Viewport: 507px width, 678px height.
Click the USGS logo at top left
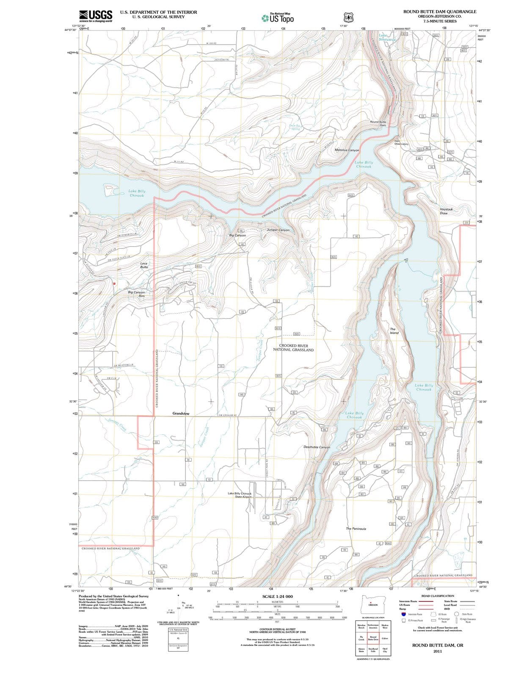tap(96, 16)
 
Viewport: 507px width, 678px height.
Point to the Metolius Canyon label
tap(347, 150)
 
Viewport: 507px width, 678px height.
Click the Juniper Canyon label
tap(278, 230)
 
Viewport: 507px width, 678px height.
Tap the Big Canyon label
tap(237, 235)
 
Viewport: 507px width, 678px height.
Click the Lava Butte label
tap(144, 265)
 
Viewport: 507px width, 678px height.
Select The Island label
tap(394, 331)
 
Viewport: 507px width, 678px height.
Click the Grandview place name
tap(181, 413)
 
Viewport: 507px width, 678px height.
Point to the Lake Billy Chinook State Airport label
tap(240, 495)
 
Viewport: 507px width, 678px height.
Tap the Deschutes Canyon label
tap(317, 447)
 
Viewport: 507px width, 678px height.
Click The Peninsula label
tap(356, 529)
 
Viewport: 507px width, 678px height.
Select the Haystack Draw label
tap(446, 211)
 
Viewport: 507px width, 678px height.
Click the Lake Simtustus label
tap(387, 37)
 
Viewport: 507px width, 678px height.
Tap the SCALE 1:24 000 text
tap(277, 596)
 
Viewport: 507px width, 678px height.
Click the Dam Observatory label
tap(401, 142)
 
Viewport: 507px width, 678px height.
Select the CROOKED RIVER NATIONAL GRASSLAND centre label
tap(296, 348)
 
